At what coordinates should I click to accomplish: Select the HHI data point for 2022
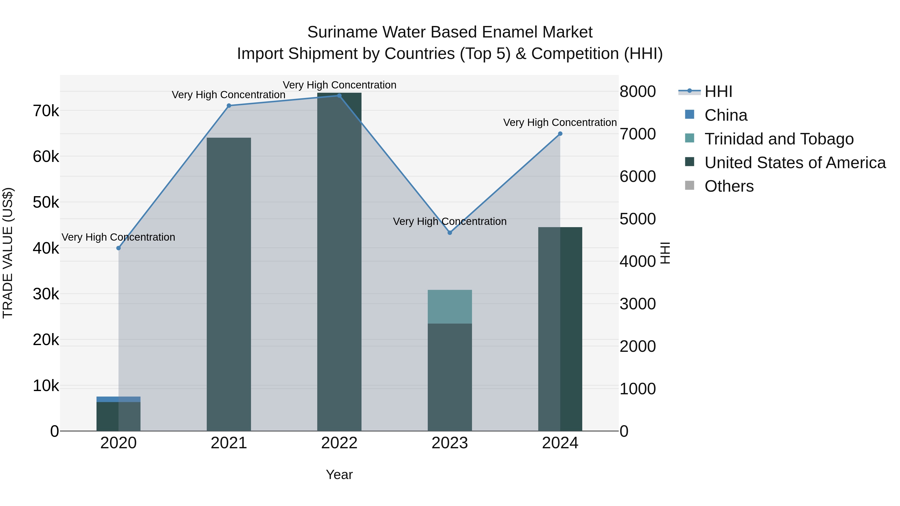(339, 96)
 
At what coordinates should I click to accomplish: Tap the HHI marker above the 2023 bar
(450, 233)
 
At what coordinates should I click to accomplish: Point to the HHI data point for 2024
(560, 134)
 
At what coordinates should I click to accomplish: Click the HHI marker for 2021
(229, 106)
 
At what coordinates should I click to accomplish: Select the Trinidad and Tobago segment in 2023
(450, 307)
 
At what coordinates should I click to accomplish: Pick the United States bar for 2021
(229, 284)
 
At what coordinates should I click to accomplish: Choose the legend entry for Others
(729, 186)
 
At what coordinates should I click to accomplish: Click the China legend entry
(726, 115)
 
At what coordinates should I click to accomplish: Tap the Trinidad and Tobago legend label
(779, 139)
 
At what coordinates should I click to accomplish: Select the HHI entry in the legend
(718, 91)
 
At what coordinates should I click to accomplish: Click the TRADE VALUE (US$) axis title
(8, 253)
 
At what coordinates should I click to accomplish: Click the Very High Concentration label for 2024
(560, 123)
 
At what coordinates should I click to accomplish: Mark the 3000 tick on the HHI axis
(637, 304)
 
